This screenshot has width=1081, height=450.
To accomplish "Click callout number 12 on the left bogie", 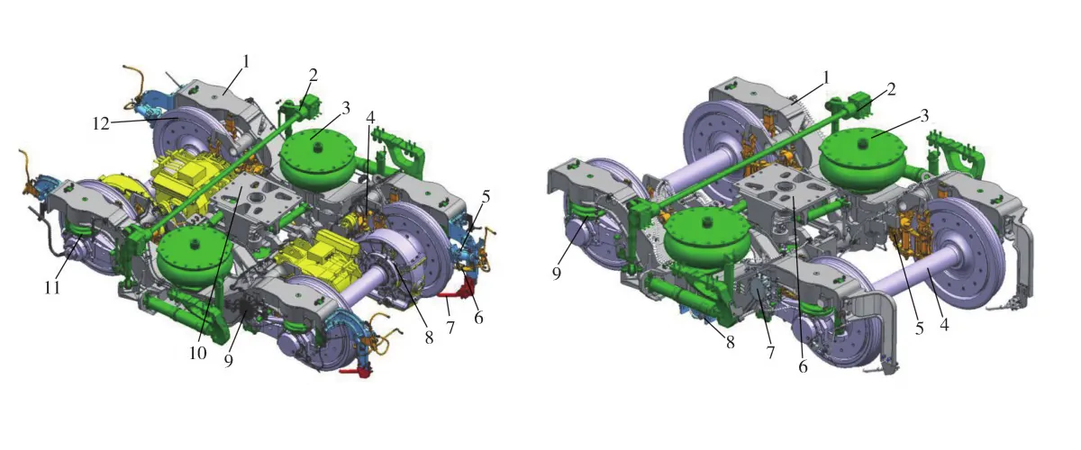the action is pos(101,124).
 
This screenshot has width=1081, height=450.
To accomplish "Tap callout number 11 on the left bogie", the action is pos(52,288).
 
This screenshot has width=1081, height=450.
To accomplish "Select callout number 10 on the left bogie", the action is pos(198,354).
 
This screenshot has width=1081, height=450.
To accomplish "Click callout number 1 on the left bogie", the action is pos(246,62).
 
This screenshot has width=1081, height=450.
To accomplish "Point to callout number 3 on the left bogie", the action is pos(346,109).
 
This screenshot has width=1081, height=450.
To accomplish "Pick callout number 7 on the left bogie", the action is pos(450,328).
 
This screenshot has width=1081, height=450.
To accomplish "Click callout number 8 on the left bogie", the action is pos(429,338).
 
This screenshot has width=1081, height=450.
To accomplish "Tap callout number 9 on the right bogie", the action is pos(557,274).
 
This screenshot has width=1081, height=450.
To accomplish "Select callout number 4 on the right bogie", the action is pos(944,325).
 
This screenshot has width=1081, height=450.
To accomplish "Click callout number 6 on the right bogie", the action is pos(803,366).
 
